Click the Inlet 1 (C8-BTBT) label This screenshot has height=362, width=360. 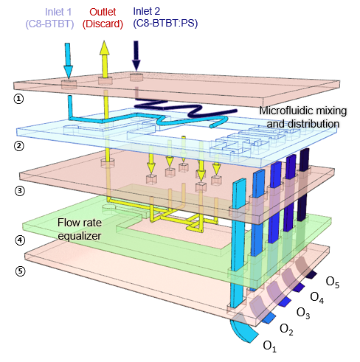49,18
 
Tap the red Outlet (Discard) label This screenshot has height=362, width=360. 103,18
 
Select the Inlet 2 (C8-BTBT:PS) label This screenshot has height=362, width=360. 165,18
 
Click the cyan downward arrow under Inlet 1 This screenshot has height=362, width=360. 68,60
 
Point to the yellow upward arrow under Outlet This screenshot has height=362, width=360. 105,59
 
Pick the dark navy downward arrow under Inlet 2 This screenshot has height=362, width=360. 136,56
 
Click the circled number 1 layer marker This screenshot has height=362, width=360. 18,99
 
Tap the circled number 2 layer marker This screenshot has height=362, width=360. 19,146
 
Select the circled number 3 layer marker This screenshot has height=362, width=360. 20,191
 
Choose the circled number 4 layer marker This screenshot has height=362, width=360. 20,240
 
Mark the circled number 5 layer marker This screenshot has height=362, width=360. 20,271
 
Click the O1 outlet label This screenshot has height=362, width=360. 270,347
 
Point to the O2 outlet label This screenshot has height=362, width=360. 286,330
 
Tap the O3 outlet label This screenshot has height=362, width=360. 303,313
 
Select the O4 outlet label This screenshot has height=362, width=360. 317,297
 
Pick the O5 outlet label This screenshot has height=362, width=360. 333,282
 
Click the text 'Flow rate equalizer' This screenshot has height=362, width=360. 80,229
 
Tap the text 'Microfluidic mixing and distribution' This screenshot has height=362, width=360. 303,117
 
